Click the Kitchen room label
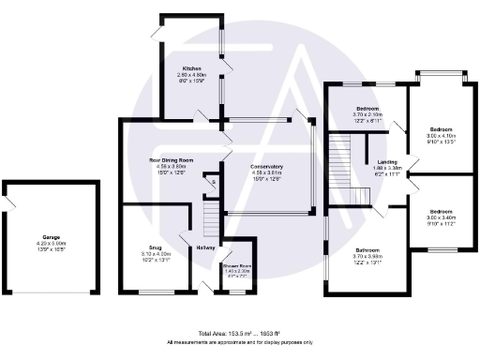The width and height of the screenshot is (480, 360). pos(192,69)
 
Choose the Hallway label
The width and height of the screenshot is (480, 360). pos(206,247)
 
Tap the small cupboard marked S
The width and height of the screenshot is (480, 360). pos(213,182)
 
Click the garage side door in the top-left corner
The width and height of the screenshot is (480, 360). pos(12,199)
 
